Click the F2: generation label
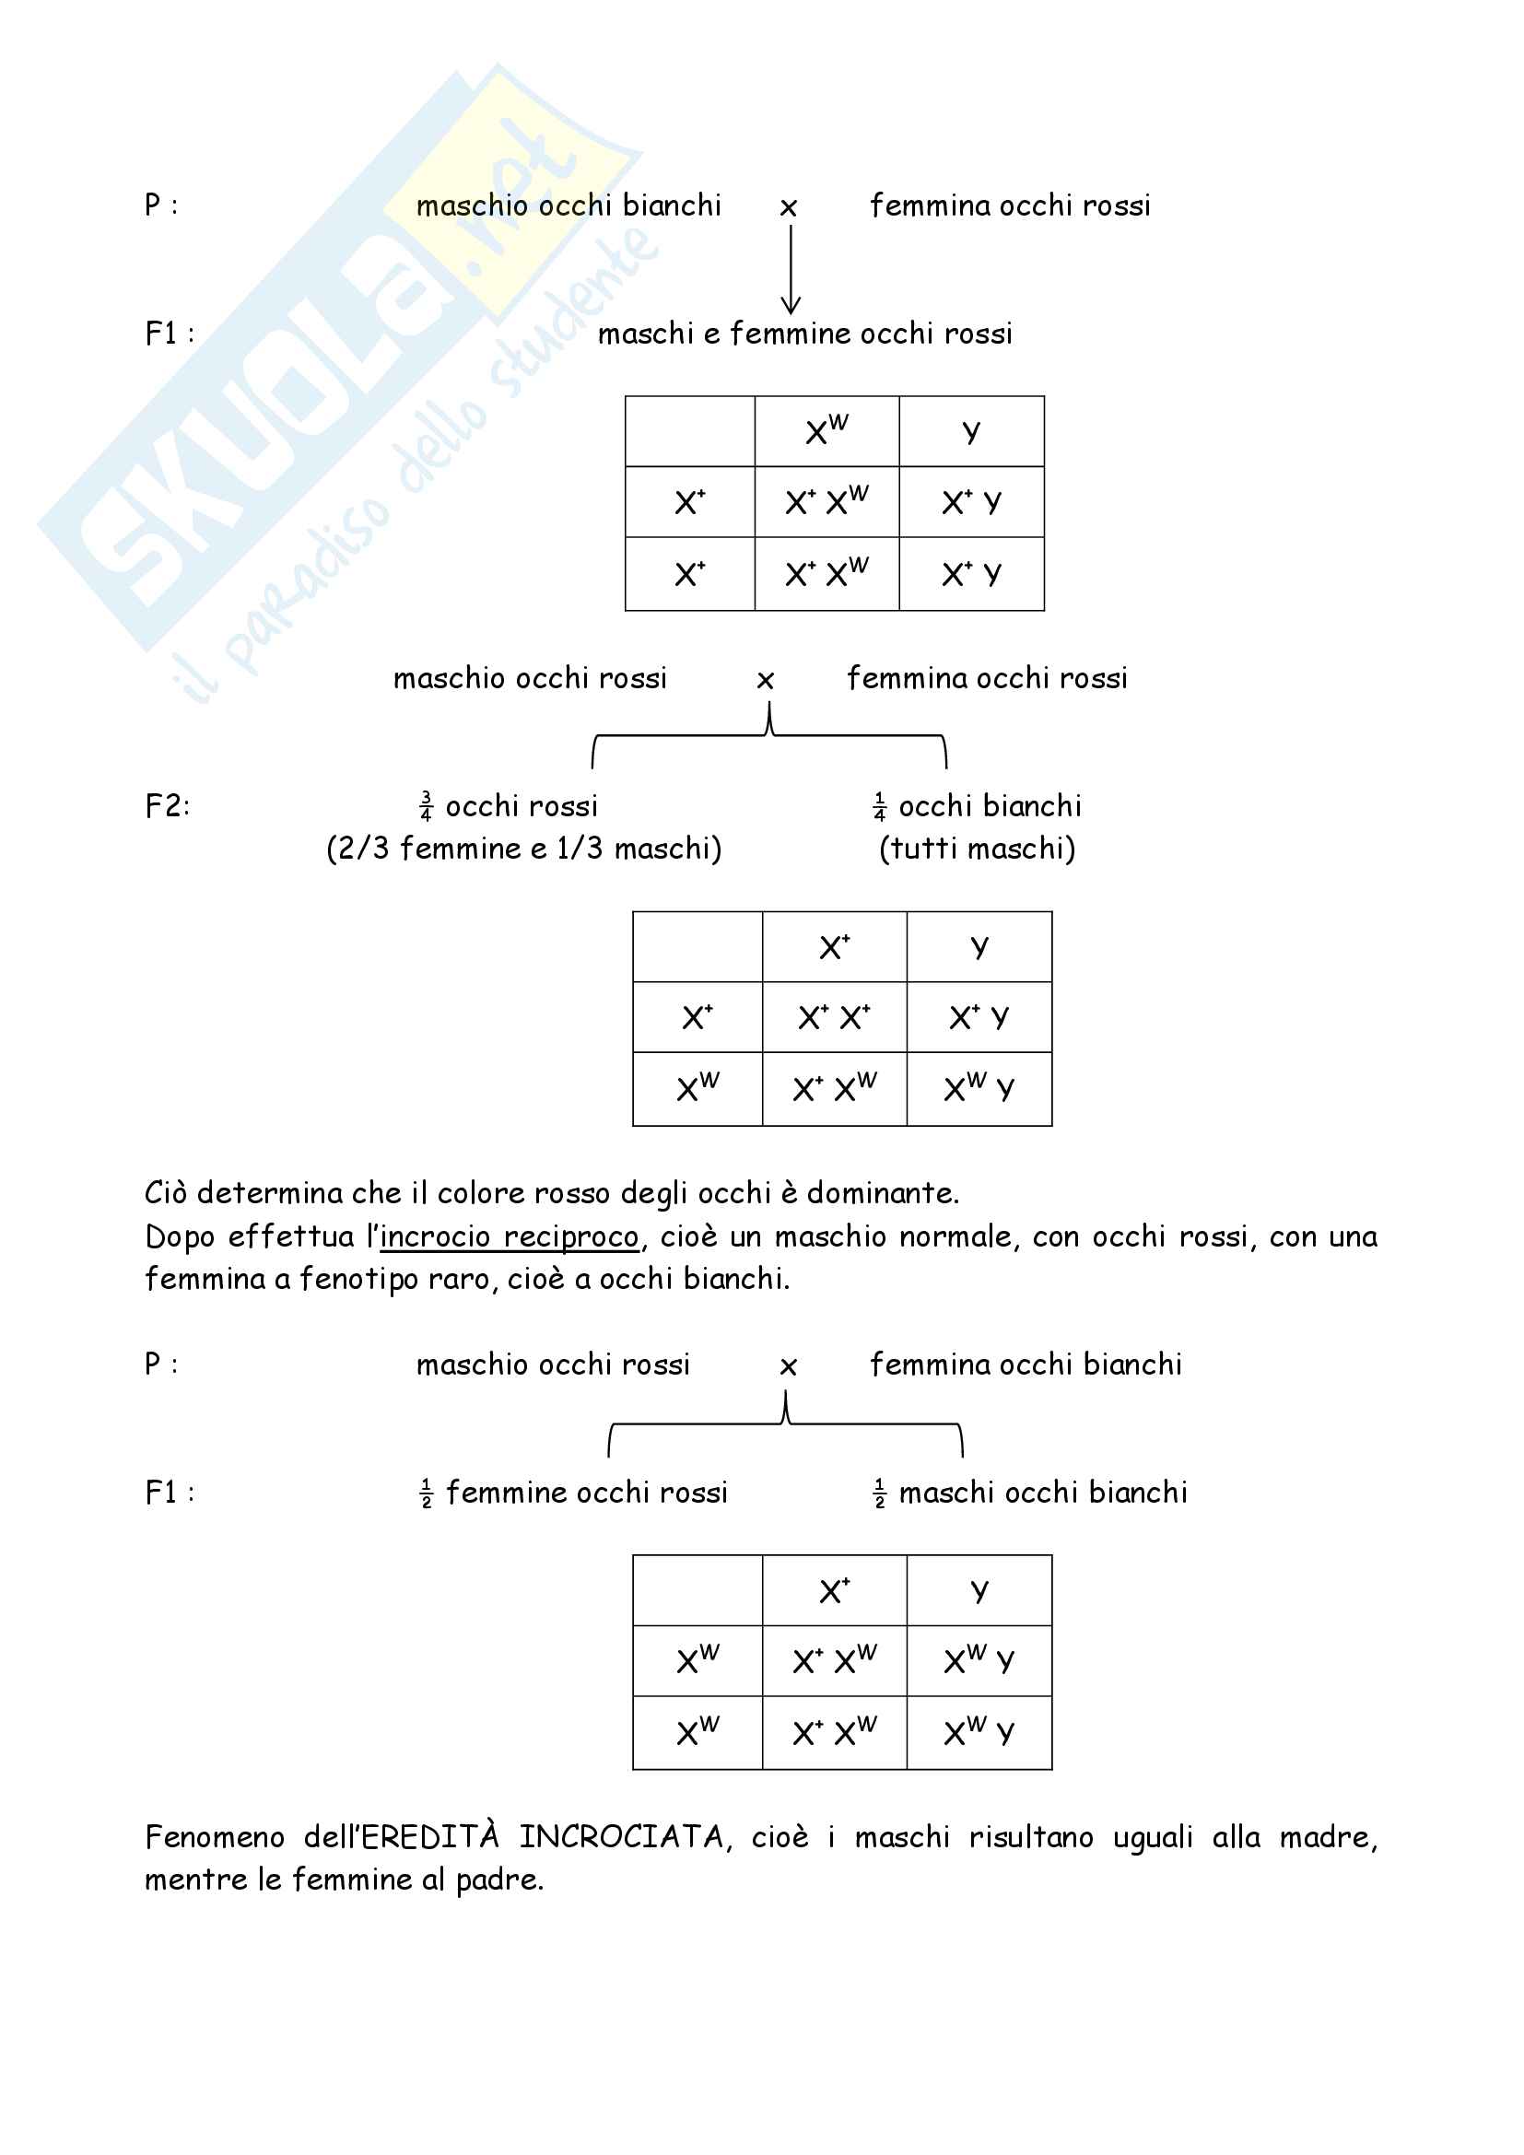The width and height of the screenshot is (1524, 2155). click(167, 806)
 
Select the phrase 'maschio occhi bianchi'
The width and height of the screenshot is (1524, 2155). click(568, 205)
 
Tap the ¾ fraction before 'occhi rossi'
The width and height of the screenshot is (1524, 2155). click(426, 806)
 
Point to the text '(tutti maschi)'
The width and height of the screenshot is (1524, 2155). click(977, 849)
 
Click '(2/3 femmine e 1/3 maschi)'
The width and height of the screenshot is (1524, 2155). click(523, 849)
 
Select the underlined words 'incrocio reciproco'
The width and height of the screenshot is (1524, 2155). click(509, 1237)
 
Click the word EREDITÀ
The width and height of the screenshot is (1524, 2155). click(429, 1837)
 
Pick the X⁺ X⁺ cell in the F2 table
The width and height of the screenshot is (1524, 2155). click(834, 1017)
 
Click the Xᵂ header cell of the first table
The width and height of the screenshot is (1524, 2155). click(826, 431)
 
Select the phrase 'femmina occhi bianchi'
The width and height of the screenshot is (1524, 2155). click(1026, 1364)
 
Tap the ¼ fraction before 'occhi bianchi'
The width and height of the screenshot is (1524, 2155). click(879, 806)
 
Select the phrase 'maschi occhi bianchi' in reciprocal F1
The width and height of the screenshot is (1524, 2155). click(1043, 1493)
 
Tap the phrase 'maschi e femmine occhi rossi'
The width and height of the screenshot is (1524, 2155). click(805, 334)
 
